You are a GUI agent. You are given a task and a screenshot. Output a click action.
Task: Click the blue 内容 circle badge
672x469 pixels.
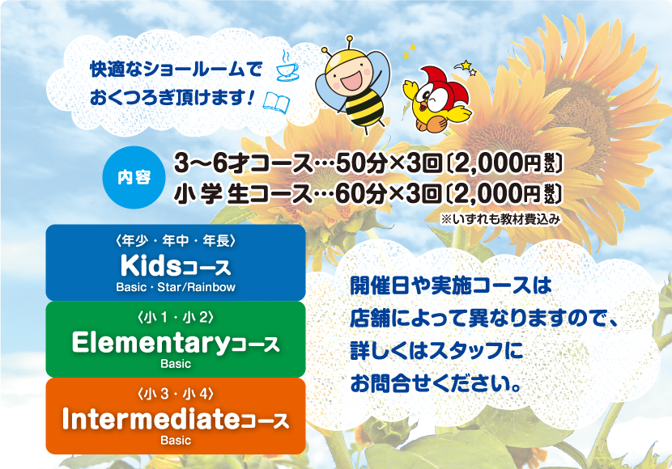pos(134,177)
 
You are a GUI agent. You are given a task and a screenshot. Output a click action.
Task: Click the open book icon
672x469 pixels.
pos(276,102)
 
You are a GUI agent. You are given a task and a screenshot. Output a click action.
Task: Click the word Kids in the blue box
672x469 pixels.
pos(151,266)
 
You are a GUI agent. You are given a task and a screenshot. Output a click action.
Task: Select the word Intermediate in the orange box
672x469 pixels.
pos(151,419)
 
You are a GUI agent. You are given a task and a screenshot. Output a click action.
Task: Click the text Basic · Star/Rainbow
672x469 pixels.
pos(176,287)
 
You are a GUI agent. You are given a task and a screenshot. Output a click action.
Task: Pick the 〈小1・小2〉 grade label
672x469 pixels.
pos(176,317)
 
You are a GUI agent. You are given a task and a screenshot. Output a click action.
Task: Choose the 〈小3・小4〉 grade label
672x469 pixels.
pos(176,393)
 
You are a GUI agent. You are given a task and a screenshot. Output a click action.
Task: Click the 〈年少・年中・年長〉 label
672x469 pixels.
pos(176,241)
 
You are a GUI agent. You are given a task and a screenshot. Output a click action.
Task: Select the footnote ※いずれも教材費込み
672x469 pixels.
pos(500,219)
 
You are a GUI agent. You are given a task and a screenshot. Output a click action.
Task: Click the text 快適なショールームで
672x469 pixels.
pos(176,70)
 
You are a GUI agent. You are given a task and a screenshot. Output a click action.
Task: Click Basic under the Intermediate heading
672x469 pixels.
pos(176,441)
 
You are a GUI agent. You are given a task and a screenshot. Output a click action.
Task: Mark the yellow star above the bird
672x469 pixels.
pos(466,65)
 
